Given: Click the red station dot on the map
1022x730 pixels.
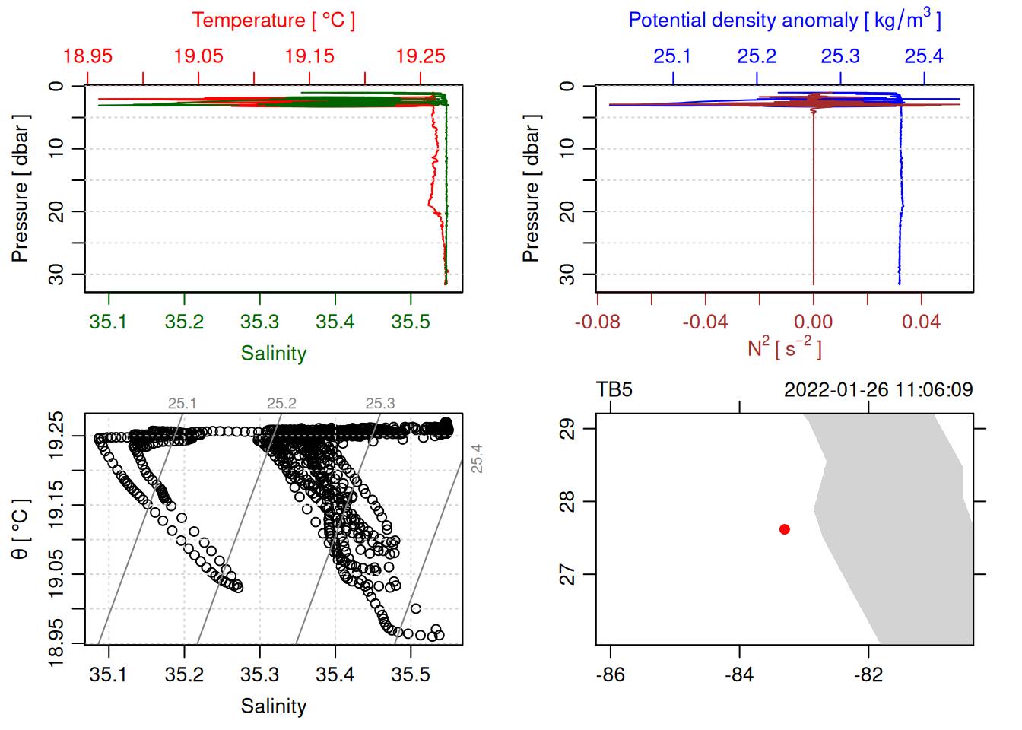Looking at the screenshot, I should pos(784,529).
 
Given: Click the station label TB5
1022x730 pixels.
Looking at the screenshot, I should pos(614,390).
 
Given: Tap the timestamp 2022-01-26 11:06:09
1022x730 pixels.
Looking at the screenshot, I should pos(878,390).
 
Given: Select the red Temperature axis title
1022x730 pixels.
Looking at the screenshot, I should pos(273,21).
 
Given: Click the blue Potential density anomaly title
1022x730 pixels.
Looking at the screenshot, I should pos(784,20).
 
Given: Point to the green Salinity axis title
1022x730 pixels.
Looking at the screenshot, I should pos(273,354).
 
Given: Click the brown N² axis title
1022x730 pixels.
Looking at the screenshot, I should pos(784,348).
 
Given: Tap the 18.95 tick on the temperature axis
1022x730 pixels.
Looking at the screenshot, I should pos(87,56).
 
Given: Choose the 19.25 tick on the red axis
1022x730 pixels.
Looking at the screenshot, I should pos(421,56).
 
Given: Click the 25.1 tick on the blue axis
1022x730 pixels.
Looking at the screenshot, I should pos(672,56).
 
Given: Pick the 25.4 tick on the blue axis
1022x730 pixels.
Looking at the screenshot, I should pos(924,56).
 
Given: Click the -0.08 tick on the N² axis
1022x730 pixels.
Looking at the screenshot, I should pos(598,322).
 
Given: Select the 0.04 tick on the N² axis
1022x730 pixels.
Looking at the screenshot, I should pos(921,322).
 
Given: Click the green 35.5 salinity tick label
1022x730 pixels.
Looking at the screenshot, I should pos(411,322).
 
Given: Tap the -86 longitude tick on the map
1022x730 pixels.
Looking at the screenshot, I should pos(611,675).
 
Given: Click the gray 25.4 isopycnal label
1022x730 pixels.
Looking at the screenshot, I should pos(477,459).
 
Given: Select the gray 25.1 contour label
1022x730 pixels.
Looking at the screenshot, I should pos(182,404).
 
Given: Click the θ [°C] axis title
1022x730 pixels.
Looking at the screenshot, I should pos(20,529).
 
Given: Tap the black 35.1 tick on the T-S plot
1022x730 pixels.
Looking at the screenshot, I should pos(109,675).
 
